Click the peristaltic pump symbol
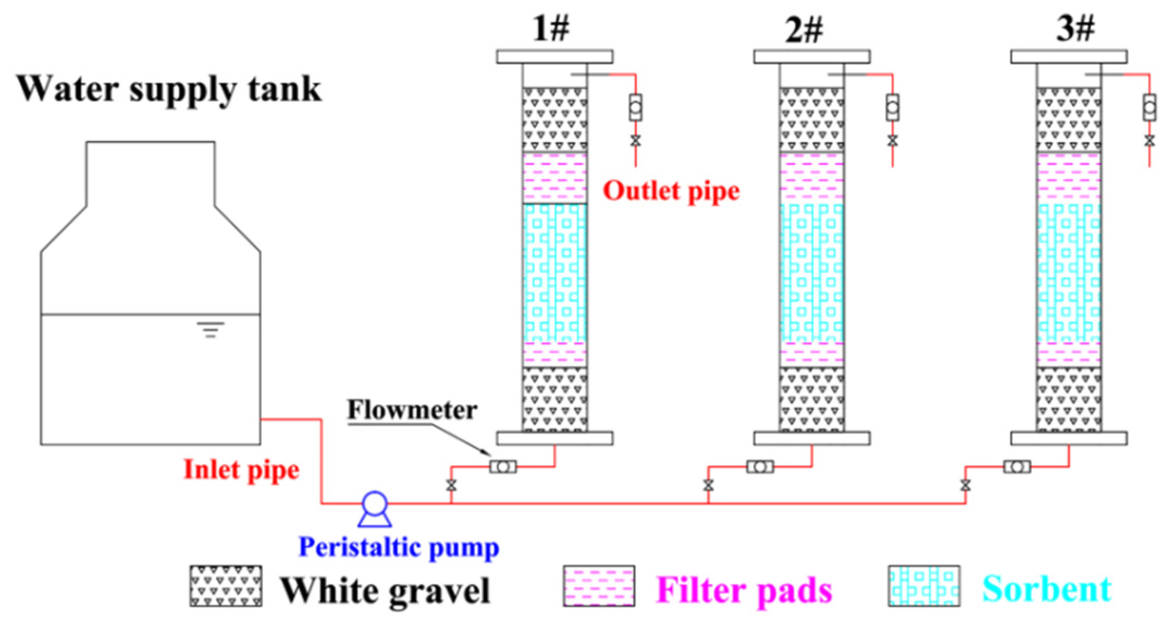[x=375, y=506]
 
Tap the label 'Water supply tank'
[x=169, y=89]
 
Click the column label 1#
[x=551, y=29]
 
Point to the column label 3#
[x=1075, y=29]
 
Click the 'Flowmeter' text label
[x=412, y=410]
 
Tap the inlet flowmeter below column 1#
[x=503, y=467]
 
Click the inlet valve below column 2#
[x=708, y=485]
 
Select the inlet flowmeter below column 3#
[x=1017, y=467]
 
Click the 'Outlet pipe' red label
[x=671, y=191]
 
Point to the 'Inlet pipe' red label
[x=241, y=470]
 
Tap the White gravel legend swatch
[x=226, y=586]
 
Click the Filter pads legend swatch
[x=599, y=586]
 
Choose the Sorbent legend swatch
[x=924, y=586]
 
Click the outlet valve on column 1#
[x=635, y=140]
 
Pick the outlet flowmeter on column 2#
[x=892, y=108]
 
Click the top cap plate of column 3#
[x=1069, y=57]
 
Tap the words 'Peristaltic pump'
[x=399, y=547]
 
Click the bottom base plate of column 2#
[x=812, y=438]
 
